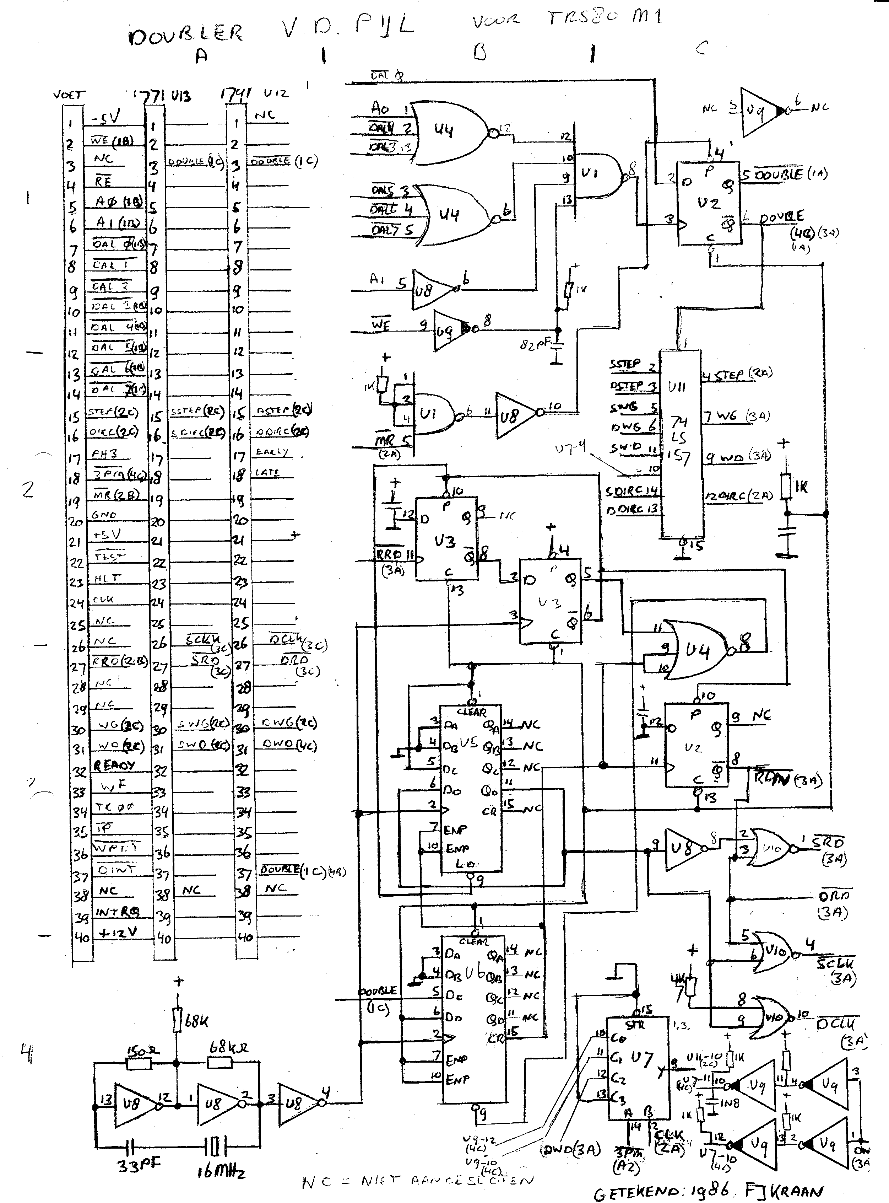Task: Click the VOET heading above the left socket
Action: pos(69,95)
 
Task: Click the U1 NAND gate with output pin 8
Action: pos(597,174)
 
